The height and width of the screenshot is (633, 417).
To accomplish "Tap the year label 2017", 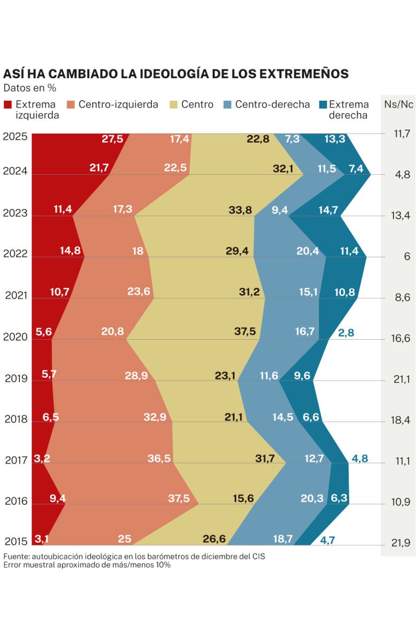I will tap(16, 460).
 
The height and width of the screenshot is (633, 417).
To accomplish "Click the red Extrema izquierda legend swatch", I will tap(7, 104).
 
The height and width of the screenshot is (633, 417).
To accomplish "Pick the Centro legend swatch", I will tap(174, 104).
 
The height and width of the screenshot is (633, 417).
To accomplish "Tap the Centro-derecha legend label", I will tap(272, 104).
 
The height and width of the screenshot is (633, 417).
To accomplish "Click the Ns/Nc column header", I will tap(399, 104).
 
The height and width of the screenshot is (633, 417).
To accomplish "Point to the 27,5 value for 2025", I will tap(112, 139).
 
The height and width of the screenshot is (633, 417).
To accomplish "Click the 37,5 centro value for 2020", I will tap(244, 331).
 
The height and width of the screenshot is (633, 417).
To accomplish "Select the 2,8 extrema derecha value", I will tap(346, 332).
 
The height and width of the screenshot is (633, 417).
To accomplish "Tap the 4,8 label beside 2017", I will tap(360, 459).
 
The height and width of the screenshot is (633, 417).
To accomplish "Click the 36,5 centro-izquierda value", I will tap(159, 458).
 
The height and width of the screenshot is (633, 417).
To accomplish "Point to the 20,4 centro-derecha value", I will tap(307, 251).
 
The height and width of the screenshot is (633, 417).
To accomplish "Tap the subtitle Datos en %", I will tap(30, 88).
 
